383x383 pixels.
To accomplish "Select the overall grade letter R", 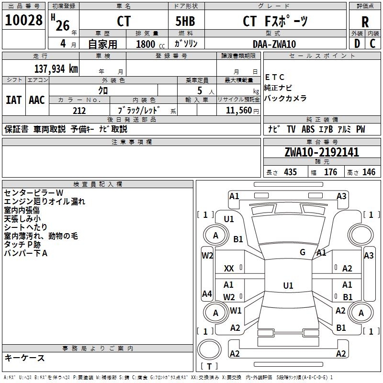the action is (x=365, y=22).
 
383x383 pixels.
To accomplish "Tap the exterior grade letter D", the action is (x=357, y=43).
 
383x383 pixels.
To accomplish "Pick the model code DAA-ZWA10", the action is (x=274, y=44).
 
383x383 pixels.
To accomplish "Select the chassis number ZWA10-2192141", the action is (x=321, y=152).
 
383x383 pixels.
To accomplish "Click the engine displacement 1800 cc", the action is (x=150, y=44).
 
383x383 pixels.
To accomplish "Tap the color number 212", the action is (x=79, y=111).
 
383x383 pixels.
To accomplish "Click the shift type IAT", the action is (x=13, y=100).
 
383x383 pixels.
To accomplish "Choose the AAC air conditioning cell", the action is (x=37, y=100).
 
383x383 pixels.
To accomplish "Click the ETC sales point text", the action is (x=275, y=77).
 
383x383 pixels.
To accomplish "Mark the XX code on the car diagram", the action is (x=229, y=269).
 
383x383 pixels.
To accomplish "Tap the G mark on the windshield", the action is (x=303, y=252).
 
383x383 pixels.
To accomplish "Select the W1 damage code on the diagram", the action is (x=236, y=310).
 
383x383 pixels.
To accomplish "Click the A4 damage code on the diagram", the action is (x=207, y=294).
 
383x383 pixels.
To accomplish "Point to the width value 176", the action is (x=330, y=172).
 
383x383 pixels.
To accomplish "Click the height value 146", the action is (x=369, y=172).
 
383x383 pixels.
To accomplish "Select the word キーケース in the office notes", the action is (x=24, y=358).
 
